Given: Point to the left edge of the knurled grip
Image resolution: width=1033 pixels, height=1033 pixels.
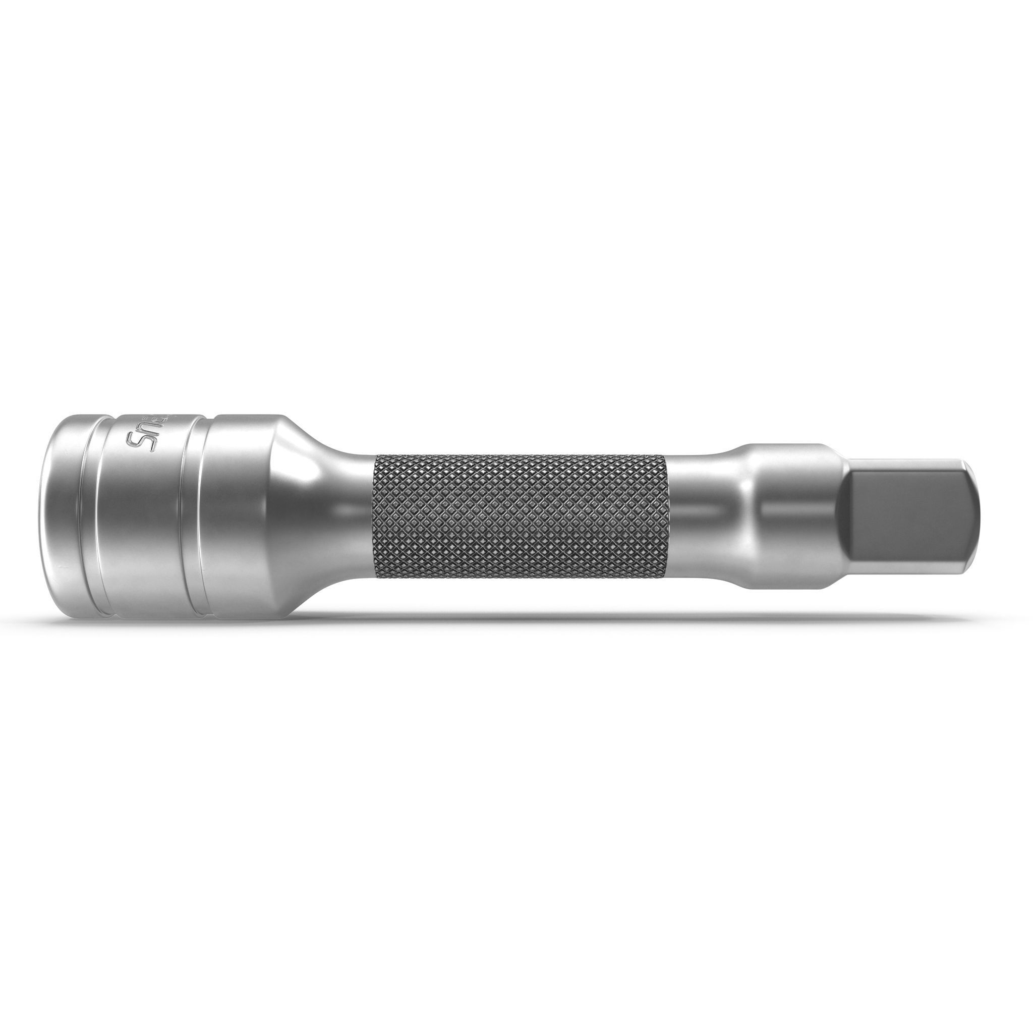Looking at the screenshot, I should tap(376, 516).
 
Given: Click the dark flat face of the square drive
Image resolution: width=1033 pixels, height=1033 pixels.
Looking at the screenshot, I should tap(903, 522).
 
